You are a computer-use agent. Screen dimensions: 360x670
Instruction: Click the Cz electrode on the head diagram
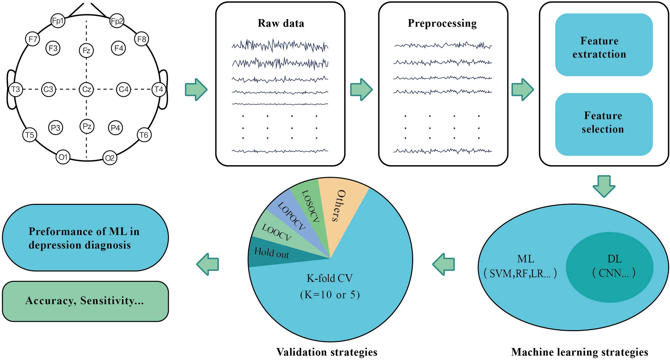(x=86, y=89)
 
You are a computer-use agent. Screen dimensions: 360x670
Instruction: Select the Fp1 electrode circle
(x=58, y=21)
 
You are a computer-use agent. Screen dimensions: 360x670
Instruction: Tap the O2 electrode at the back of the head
(x=110, y=158)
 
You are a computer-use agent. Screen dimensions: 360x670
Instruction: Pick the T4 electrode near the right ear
(x=159, y=89)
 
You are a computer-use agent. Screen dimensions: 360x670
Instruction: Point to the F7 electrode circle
(x=32, y=39)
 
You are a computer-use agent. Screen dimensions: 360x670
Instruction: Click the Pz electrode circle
(x=87, y=126)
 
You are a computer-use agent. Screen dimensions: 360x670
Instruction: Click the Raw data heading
(x=281, y=23)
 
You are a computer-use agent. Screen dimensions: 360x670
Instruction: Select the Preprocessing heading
(x=442, y=23)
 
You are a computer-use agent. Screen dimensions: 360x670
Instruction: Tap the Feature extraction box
(x=604, y=45)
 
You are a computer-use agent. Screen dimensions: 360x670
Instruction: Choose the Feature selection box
(x=604, y=124)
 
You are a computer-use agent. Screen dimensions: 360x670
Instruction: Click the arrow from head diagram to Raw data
(x=196, y=89)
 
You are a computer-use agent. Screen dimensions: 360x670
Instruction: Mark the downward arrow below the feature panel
(x=604, y=186)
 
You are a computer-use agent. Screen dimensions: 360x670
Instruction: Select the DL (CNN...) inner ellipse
(x=610, y=267)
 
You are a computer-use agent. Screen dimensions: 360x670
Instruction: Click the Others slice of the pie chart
(x=340, y=208)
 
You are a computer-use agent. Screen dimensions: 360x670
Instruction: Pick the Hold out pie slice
(x=271, y=253)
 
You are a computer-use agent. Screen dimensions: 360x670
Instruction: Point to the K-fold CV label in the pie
(x=330, y=278)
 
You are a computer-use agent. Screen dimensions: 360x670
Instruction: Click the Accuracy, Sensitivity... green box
(x=85, y=301)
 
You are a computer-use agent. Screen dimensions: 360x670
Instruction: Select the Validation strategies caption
(x=327, y=352)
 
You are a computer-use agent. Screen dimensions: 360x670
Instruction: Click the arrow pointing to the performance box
(x=208, y=264)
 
